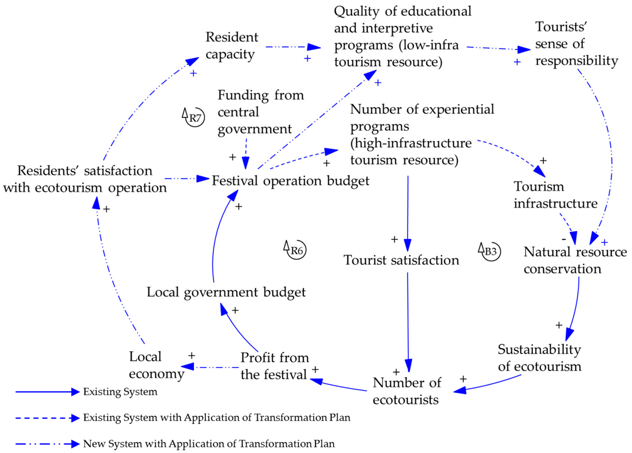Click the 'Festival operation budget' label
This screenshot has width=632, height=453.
(x=290, y=181)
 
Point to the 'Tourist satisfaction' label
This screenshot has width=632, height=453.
(x=401, y=260)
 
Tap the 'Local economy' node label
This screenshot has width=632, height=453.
(x=156, y=365)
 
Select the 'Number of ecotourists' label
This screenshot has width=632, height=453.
(x=407, y=391)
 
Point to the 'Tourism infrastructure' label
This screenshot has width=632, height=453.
(x=555, y=195)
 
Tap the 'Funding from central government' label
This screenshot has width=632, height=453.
(x=261, y=112)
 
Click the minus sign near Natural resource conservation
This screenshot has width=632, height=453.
(x=564, y=239)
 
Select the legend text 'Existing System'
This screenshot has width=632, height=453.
(x=120, y=392)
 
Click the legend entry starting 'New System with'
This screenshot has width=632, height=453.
(x=209, y=443)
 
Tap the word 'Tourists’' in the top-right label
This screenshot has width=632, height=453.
(x=561, y=27)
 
